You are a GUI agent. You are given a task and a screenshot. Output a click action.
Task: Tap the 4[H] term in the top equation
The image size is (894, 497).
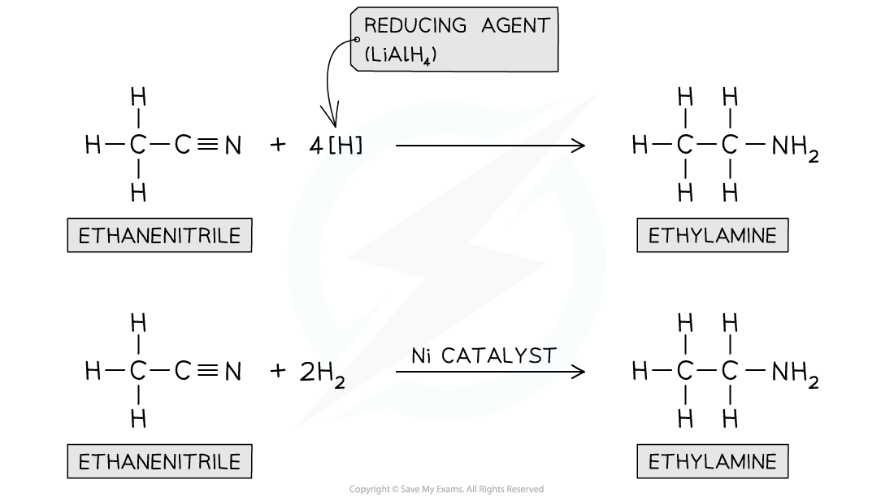tap(336, 146)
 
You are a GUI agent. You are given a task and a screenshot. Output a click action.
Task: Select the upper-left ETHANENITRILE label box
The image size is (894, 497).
tap(160, 237)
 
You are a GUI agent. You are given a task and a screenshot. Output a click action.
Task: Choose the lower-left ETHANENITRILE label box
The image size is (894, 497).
tap(160, 462)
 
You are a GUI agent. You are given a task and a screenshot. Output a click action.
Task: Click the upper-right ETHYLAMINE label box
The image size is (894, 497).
tap(713, 237)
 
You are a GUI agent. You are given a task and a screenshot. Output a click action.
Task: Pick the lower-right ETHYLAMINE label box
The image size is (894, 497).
tap(713, 462)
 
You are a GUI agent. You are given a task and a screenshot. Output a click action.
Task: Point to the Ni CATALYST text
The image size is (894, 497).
tap(483, 356)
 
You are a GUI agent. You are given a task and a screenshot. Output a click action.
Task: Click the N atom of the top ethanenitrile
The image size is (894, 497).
tap(233, 146)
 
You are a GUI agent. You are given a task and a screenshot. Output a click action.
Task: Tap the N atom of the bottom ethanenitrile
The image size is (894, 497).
tap(233, 372)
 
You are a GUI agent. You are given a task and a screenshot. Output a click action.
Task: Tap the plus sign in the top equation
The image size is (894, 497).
tap(279, 146)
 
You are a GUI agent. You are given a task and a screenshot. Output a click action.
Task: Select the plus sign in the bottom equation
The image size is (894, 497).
tap(279, 372)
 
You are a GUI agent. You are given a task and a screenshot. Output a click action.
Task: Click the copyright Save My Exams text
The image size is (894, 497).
tap(446, 489)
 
